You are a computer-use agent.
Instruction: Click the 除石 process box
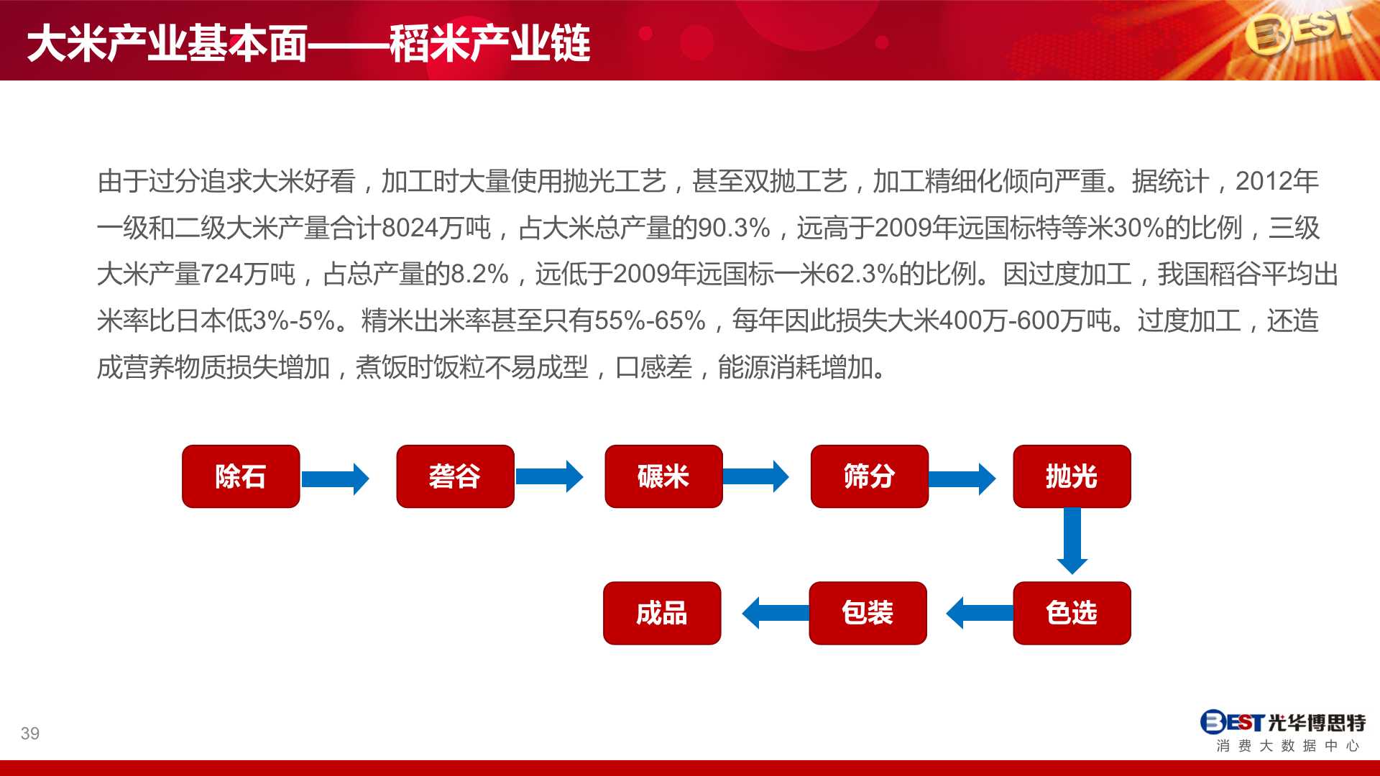[x=241, y=476]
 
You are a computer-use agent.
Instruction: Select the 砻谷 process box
[x=455, y=476]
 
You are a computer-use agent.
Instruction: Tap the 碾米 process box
[x=663, y=476]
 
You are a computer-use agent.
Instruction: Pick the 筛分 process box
[x=870, y=476]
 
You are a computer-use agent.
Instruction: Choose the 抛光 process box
[x=1072, y=476]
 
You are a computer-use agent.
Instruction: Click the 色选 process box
[x=1072, y=613]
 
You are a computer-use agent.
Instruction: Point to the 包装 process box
[x=868, y=613]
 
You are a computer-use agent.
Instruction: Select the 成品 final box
[x=662, y=613]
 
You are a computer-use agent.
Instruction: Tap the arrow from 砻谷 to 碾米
[x=549, y=476]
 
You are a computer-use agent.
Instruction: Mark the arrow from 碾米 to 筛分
[x=755, y=476]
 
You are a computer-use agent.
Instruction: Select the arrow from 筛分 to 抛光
[x=962, y=479]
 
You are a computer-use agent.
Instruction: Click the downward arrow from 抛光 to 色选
[x=1072, y=541]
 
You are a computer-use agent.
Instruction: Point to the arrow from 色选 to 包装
[x=980, y=613]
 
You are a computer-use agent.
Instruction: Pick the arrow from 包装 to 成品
[x=776, y=613]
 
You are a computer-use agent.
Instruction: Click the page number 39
[x=30, y=734]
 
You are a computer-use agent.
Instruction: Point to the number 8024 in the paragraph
[x=410, y=228]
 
